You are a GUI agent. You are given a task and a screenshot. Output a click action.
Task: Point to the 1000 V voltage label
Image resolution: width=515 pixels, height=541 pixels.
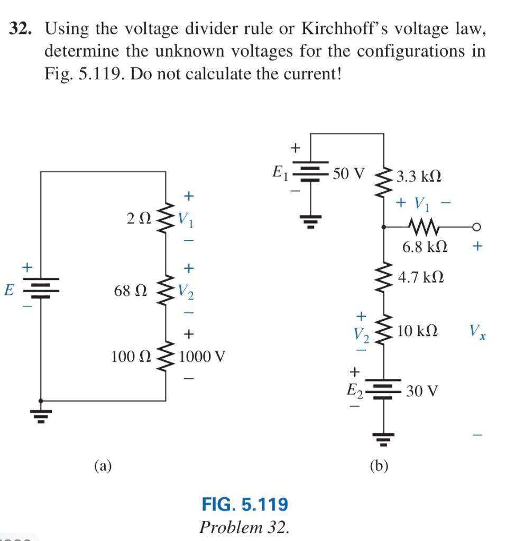pos(203,357)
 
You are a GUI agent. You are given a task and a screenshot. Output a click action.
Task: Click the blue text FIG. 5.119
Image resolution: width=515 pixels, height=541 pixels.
pos(245,504)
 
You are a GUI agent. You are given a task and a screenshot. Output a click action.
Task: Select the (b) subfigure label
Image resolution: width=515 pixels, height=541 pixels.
pos(379,465)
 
